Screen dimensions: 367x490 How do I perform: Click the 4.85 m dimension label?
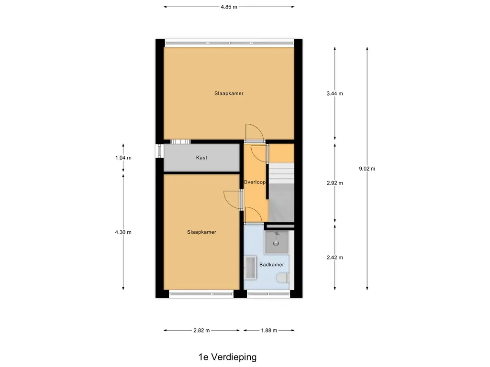229,7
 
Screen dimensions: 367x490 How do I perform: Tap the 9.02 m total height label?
367,168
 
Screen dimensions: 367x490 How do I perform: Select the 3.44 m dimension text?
334,94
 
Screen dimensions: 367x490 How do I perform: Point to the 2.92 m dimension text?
334,183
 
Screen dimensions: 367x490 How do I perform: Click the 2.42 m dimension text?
334,257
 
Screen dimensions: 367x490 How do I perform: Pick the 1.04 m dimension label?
123,158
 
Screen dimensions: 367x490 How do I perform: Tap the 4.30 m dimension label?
123,232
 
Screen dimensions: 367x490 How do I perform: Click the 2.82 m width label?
201,330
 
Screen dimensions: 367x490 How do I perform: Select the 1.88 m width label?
269,330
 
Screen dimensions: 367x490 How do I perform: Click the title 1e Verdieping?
227,357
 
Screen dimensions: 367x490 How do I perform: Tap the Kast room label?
201,158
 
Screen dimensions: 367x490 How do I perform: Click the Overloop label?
255,182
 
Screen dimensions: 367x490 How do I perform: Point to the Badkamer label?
272,264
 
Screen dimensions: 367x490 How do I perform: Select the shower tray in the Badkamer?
277,242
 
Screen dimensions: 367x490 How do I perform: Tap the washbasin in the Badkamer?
250,268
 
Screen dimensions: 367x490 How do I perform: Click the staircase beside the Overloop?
280,191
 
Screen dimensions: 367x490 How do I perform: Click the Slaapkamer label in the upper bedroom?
229,94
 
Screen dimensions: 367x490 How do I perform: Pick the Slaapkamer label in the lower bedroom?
201,232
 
